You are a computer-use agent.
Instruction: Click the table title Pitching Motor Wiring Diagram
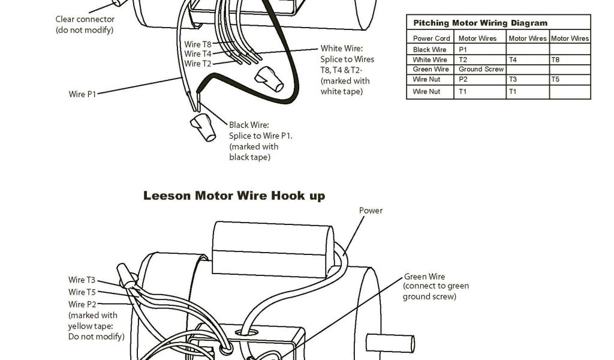(x=480, y=23)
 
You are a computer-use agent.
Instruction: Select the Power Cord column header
(x=431, y=38)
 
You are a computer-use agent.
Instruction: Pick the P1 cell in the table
(x=463, y=49)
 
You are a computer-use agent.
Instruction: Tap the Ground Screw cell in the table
(x=481, y=69)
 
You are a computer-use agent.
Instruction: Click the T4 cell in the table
(x=513, y=59)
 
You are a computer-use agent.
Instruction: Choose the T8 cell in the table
(x=555, y=59)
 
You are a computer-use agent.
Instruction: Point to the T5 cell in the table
(x=555, y=79)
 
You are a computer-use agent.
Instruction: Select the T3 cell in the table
(x=513, y=79)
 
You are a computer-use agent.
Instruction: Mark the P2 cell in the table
(x=463, y=79)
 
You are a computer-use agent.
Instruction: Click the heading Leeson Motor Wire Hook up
(x=234, y=196)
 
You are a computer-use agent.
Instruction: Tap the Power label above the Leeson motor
(x=371, y=211)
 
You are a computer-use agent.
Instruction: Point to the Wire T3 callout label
(x=82, y=280)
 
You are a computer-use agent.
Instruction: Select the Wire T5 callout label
(x=82, y=292)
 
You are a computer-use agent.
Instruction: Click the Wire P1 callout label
(x=83, y=94)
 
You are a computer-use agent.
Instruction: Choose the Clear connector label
(x=84, y=19)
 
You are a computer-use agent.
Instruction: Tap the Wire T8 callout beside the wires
(x=197, y=44)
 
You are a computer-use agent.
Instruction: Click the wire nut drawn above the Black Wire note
(x=203, y=128)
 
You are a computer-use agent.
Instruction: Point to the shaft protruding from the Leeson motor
(x=390, y=344)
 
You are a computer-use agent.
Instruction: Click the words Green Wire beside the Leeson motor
(x=424, y=277)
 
